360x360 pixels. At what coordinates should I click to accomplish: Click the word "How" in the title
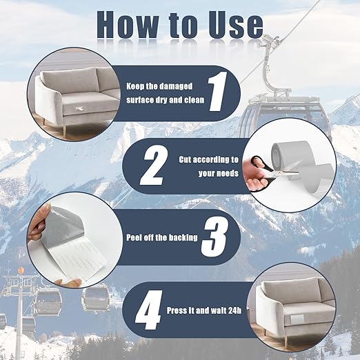128,24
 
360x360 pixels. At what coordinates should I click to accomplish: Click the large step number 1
217,91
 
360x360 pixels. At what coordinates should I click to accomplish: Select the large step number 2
153,166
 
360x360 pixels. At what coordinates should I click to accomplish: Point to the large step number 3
214,237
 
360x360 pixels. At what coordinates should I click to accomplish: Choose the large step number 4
149,310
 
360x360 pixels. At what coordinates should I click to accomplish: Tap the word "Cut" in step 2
185,159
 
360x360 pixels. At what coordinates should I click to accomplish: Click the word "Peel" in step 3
134,237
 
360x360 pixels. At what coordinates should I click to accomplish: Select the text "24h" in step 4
234,310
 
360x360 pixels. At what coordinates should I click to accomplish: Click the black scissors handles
262,170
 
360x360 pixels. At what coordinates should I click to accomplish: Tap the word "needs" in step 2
226,173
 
